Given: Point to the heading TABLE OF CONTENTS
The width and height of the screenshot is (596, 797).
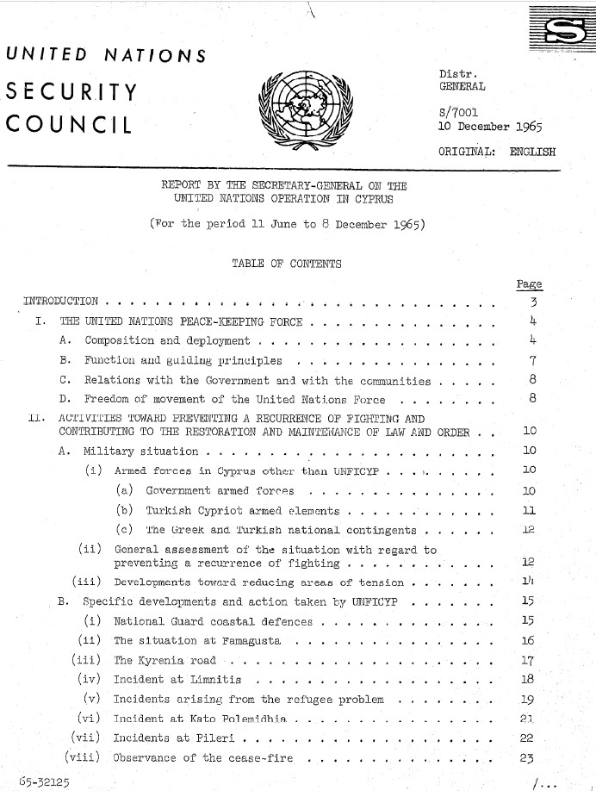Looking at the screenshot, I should click(x=286, y=264).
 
